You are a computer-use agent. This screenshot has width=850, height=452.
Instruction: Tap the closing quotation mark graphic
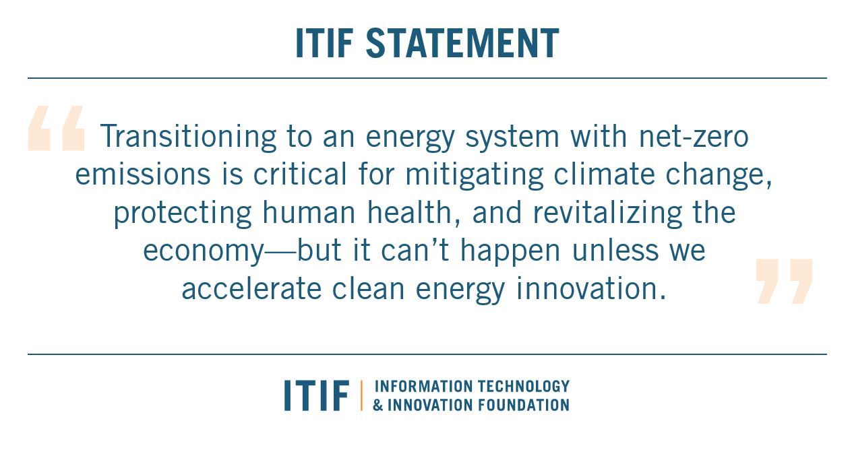point(784,281)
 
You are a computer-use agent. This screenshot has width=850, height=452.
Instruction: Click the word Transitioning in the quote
point(188,137)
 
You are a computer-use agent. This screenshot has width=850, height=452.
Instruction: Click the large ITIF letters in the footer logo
point(316,395)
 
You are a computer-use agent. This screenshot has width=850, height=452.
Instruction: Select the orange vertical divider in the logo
point(361,395)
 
